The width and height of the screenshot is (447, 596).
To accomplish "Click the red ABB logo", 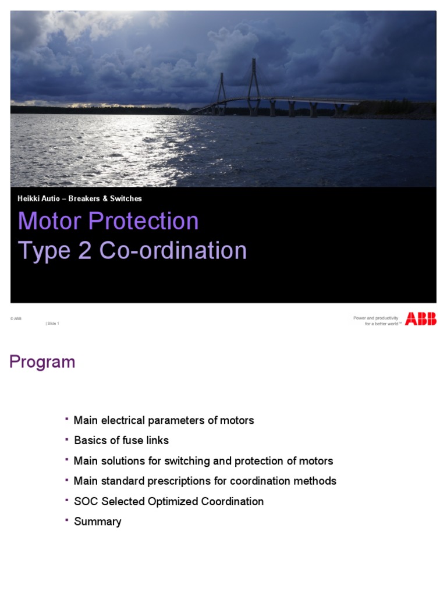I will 420,318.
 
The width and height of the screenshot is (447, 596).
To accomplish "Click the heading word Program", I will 42,362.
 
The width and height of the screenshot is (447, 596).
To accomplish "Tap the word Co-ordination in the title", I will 173,250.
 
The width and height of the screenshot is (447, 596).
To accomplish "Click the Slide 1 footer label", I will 52,324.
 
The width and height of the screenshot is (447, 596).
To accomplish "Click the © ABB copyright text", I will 16,318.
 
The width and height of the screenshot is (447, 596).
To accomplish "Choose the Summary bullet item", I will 98,521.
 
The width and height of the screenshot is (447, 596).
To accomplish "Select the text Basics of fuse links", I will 121,441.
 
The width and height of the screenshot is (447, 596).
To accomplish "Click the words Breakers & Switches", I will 105,198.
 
